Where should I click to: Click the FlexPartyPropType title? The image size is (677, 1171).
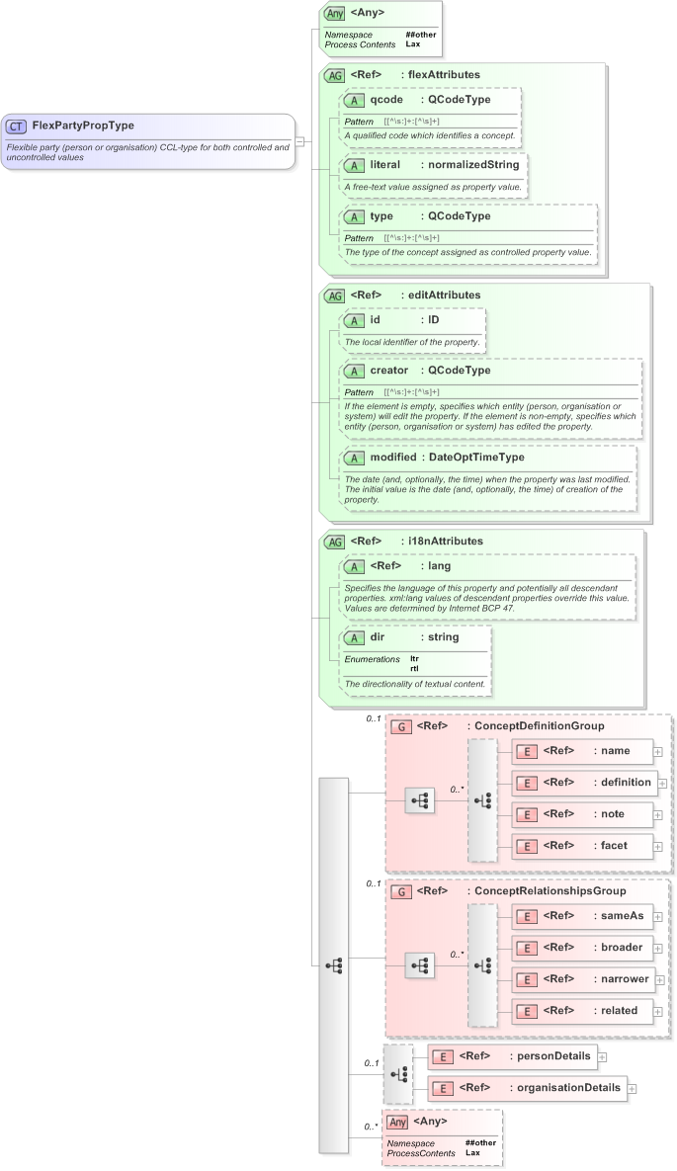click(83, 125)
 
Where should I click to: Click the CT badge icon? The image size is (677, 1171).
click(17, 125)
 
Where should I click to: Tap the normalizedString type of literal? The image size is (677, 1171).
click(473, 164)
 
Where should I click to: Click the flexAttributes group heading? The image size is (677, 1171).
click(444, 74)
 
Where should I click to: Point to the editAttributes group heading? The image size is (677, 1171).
click(444, 294)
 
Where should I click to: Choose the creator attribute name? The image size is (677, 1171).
click(388, 370)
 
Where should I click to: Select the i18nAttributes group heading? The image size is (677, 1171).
click(446, 541)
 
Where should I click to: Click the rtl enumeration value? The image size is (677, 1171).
click(414, 668)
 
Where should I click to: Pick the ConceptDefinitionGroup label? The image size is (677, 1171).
click(539, 725)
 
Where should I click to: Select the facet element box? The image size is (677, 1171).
click(582, 846)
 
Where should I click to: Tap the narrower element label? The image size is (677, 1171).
click(625, 979)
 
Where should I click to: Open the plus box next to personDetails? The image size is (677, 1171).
click(601, 1056)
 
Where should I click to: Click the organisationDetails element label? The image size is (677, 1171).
click(568, 1088)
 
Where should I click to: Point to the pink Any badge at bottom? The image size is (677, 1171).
click(397, 1122)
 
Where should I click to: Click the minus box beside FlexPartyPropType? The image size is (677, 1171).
click(299, 140)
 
